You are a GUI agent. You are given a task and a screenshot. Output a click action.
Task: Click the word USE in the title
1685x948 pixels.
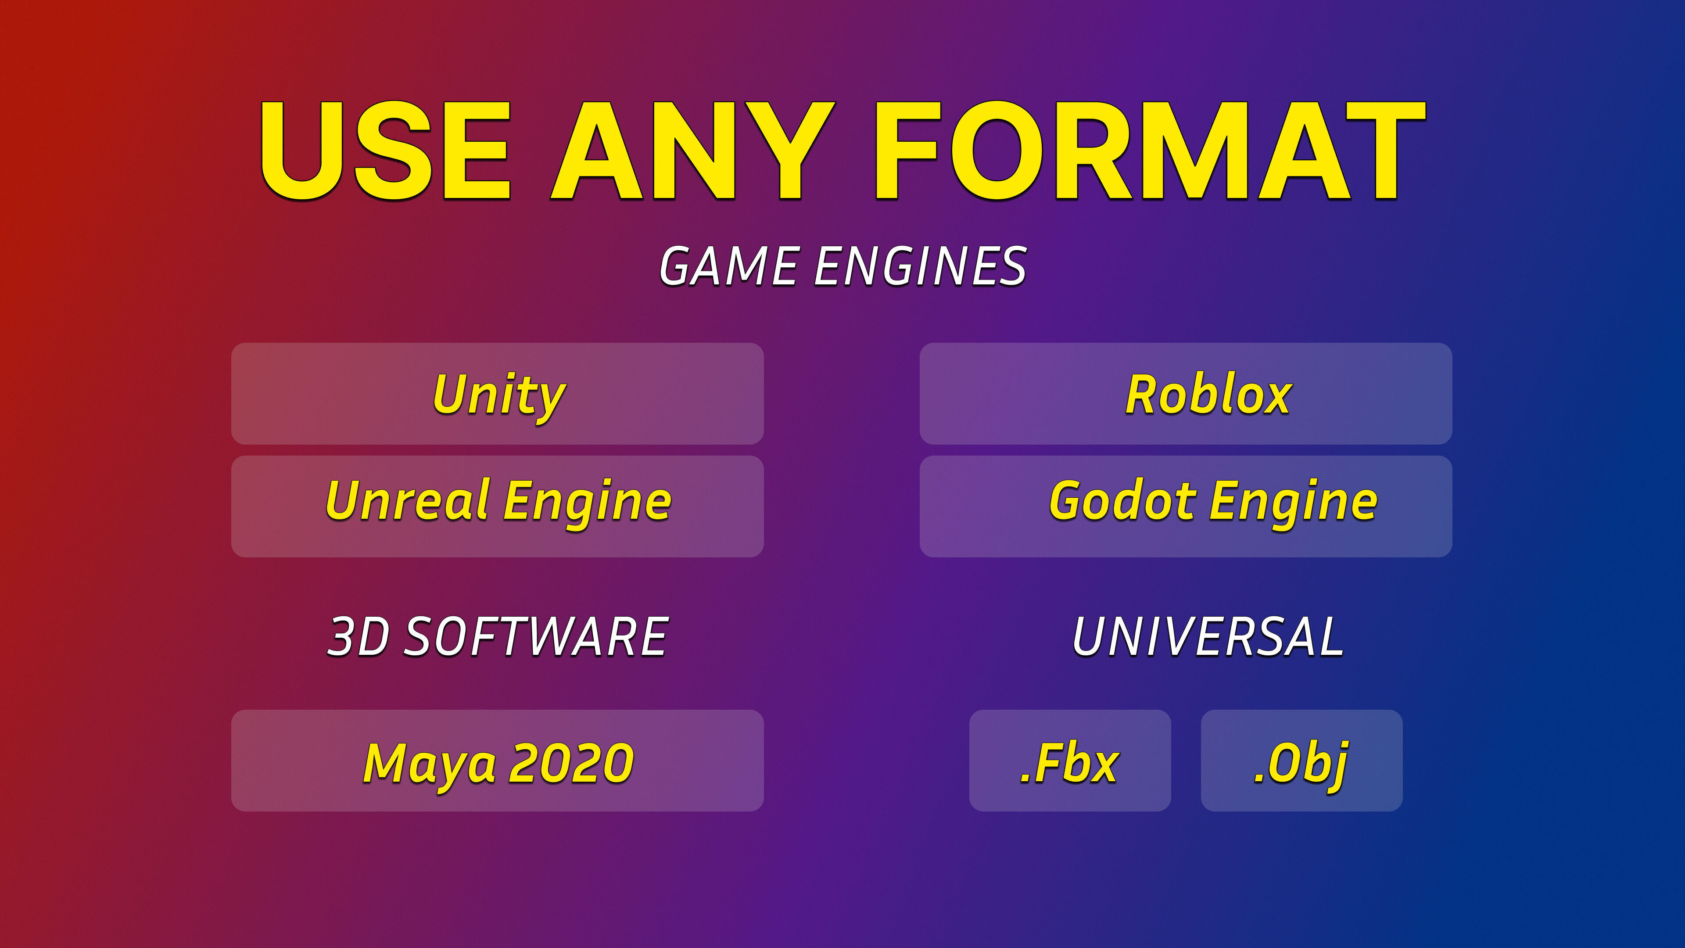tap(385, 151)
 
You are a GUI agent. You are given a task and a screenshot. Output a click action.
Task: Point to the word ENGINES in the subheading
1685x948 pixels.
tap(920, 266)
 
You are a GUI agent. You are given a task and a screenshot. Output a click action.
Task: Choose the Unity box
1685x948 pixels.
tap(497, 394)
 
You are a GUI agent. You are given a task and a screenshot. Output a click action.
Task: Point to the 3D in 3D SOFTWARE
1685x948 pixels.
tap(358, 636)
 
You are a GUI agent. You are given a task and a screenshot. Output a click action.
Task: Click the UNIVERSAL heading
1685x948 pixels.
tap(1208, 636)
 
